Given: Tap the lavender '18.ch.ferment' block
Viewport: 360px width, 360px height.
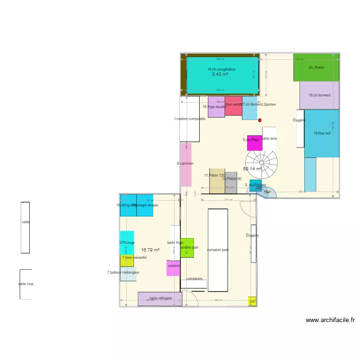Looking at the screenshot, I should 319,95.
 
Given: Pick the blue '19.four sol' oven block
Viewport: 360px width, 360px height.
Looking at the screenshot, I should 322,133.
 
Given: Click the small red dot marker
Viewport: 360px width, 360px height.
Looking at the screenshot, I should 260,120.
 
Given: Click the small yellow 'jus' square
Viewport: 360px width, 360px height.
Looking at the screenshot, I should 252,301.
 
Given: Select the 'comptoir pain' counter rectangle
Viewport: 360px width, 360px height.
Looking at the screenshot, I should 218,250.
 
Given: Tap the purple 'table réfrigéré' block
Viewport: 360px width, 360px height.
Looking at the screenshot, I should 160,299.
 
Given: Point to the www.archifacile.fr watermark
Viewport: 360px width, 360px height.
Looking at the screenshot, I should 330,320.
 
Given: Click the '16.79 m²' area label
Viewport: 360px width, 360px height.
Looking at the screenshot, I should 150,250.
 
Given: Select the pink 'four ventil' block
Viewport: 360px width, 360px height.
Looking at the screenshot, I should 233,106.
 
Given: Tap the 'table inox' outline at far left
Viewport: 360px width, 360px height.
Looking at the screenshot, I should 26,284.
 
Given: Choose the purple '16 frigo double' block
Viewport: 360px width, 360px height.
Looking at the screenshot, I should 216,107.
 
